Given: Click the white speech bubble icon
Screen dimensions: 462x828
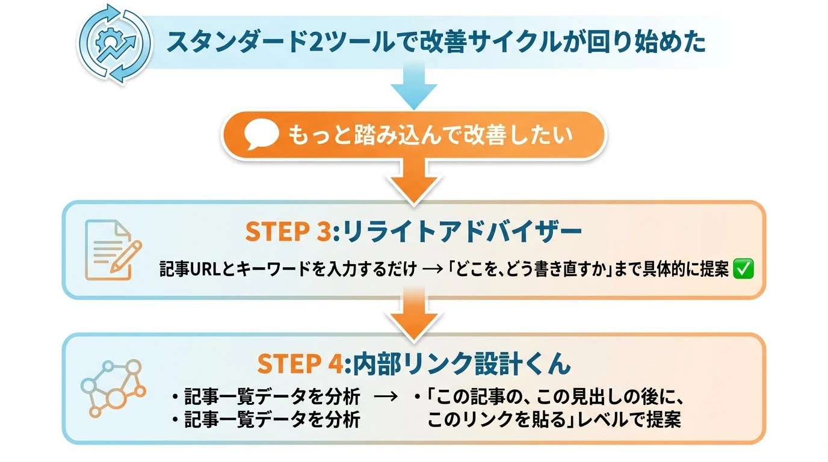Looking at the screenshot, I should [x=262, y=136].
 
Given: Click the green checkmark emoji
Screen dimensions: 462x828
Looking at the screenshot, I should [x=744, y=270].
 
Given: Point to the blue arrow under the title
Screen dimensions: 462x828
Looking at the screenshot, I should [x=413, y=86].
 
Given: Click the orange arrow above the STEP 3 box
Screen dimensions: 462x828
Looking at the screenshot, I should [x=413, y=181].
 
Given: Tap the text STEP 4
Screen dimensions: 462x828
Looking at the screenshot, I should [x=300, y=364].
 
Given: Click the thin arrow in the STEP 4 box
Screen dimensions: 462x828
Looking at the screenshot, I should [x=385, y=397].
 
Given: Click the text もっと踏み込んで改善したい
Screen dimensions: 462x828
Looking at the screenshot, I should [x=430, y=136].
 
